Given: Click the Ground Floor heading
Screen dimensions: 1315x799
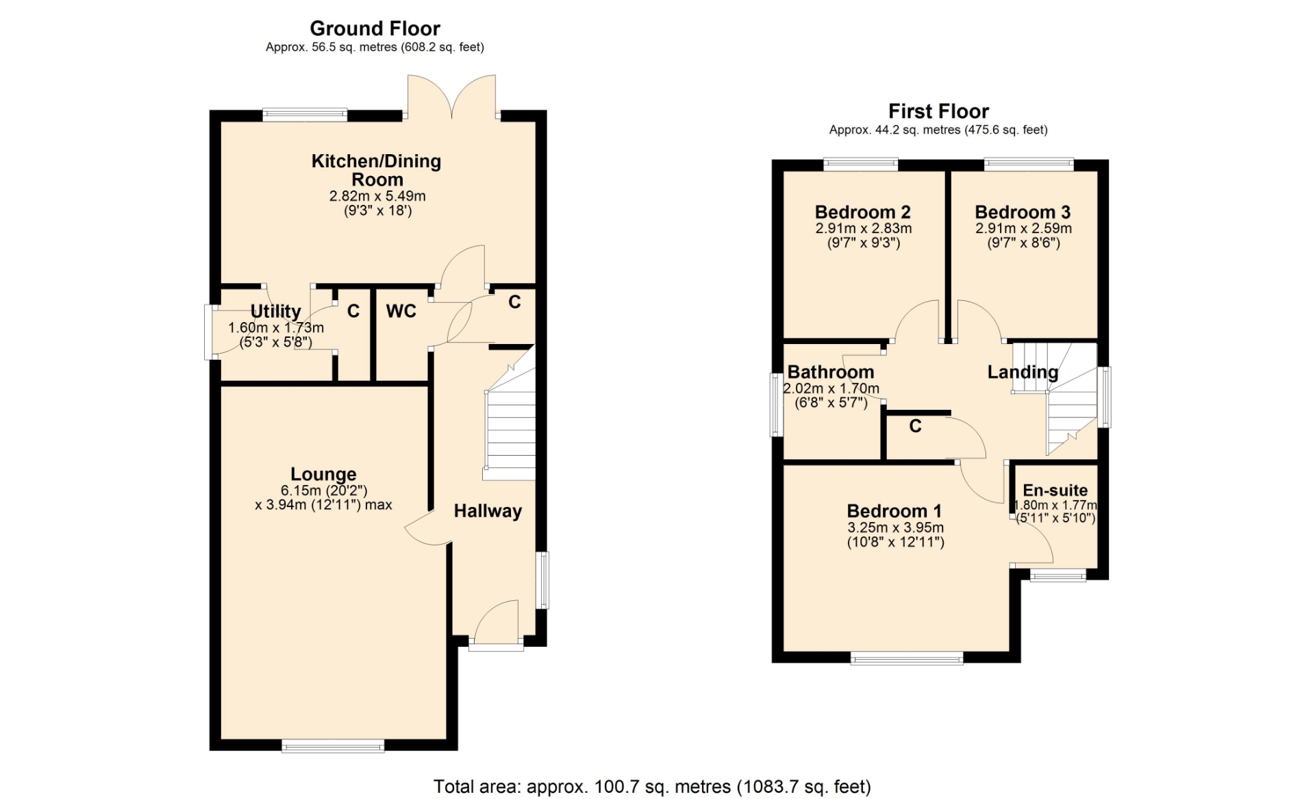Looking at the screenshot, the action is pyautogui.click(x=375, y=28).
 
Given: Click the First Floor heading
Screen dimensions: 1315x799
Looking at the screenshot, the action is pyautogui.click(x=938, y=111).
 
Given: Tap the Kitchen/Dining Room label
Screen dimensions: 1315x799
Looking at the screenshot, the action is pyautogui.click(x=377, y=170).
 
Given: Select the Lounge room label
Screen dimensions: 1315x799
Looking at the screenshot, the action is pyautogui.click(x=323, y=474).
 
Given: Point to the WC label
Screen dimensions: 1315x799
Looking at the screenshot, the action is pyautogui.click(x=401, y=311).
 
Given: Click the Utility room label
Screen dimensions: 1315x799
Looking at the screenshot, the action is pyautogui.click(x=275, y=312).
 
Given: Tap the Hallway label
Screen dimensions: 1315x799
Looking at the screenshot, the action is pyautogui.click(x=488, y=511).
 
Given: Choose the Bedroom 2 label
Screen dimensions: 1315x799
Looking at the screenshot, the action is pyautogui.click(x=863, y=212).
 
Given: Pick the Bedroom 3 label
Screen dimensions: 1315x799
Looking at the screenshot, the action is pyautogui.click(x=1023, y=212).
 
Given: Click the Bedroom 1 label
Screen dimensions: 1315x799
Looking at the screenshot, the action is pyautogui.click(x=894, y=511).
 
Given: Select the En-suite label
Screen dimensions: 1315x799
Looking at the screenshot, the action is pyautogui.click(x=1055, y=491).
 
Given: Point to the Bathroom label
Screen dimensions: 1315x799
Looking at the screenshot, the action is pyautogui.click(x=831, y=372).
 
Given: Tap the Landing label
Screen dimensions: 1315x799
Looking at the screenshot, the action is pyautogui.click(x=1023, y=372).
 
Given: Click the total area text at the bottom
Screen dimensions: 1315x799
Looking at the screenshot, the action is pyautogui.click(x=652, y=787).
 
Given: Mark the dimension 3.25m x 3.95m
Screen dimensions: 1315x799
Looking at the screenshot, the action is pyautogui.click(x=896, y=528).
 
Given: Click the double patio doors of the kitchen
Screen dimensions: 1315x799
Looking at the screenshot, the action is pyautogui.click(x=451, y=97).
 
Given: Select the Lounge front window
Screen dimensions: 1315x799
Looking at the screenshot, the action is pyautogui.click(x=333, y=746).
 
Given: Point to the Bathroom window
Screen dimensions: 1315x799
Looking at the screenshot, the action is pyautogui.click(x=776, y=404).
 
